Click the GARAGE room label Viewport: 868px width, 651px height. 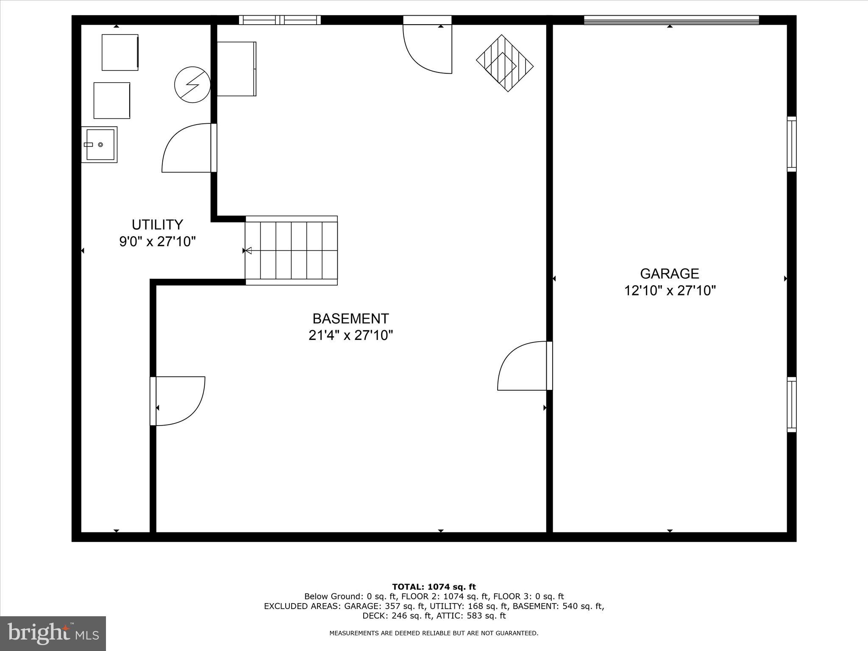pos(669,273)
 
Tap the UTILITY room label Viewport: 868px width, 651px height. pos(157,224)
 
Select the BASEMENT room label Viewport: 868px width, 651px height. pos(351,318)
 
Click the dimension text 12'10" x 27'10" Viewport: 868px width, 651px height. pos(670,291)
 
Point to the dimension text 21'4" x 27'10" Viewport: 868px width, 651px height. pos(351,335)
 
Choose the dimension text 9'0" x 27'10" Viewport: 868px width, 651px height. pos(157,242)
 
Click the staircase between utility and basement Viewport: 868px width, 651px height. pos(291,250)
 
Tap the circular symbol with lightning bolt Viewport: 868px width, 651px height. pos(192,84)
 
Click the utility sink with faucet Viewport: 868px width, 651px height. pos(100,145)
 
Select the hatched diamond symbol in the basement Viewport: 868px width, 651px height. pos(504,63)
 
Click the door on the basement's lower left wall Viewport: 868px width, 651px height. pos(178,401)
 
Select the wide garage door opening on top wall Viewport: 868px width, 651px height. pos(671,20)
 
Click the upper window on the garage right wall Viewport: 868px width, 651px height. pos(791,144)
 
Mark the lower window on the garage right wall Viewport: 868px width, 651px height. pos(791,405)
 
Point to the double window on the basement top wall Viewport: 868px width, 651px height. pos(280,20)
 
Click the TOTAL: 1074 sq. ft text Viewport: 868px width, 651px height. pos(434,587)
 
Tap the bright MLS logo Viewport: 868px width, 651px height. pos(53,634)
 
